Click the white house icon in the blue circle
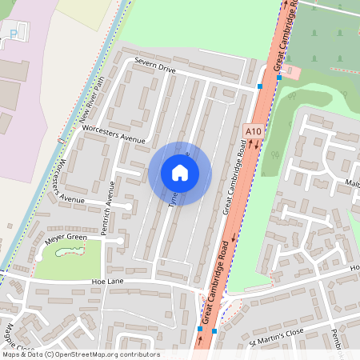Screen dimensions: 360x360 [x=179, y=172]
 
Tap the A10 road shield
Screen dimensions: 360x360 [x=253, y=130]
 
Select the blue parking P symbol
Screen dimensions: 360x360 [x=13, y=33]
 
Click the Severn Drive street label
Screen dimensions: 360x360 [x=154, y=66]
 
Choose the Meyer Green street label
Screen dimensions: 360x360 [x=66, y=238]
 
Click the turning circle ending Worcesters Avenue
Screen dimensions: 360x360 [x=128, y=206]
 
